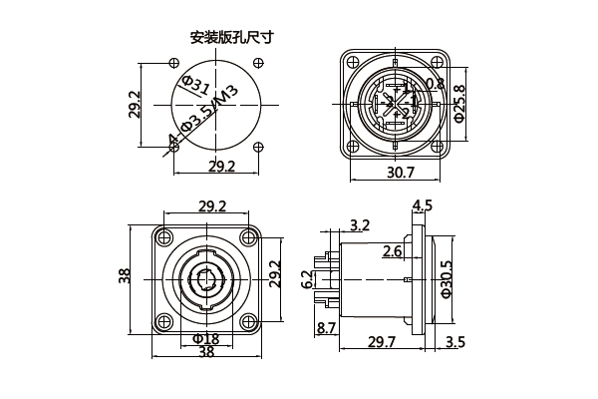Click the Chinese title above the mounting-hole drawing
click(232, 38)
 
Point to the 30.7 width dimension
click(400, 173)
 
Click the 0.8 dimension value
click(435, 84)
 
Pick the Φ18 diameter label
click(206, 339)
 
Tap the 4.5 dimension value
click(423, 206)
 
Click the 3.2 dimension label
click(361, 224)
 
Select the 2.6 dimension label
click(393, 250)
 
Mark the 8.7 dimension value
click(326, 327)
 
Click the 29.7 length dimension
click(383, 342)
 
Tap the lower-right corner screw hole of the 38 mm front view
click(250, 320)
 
